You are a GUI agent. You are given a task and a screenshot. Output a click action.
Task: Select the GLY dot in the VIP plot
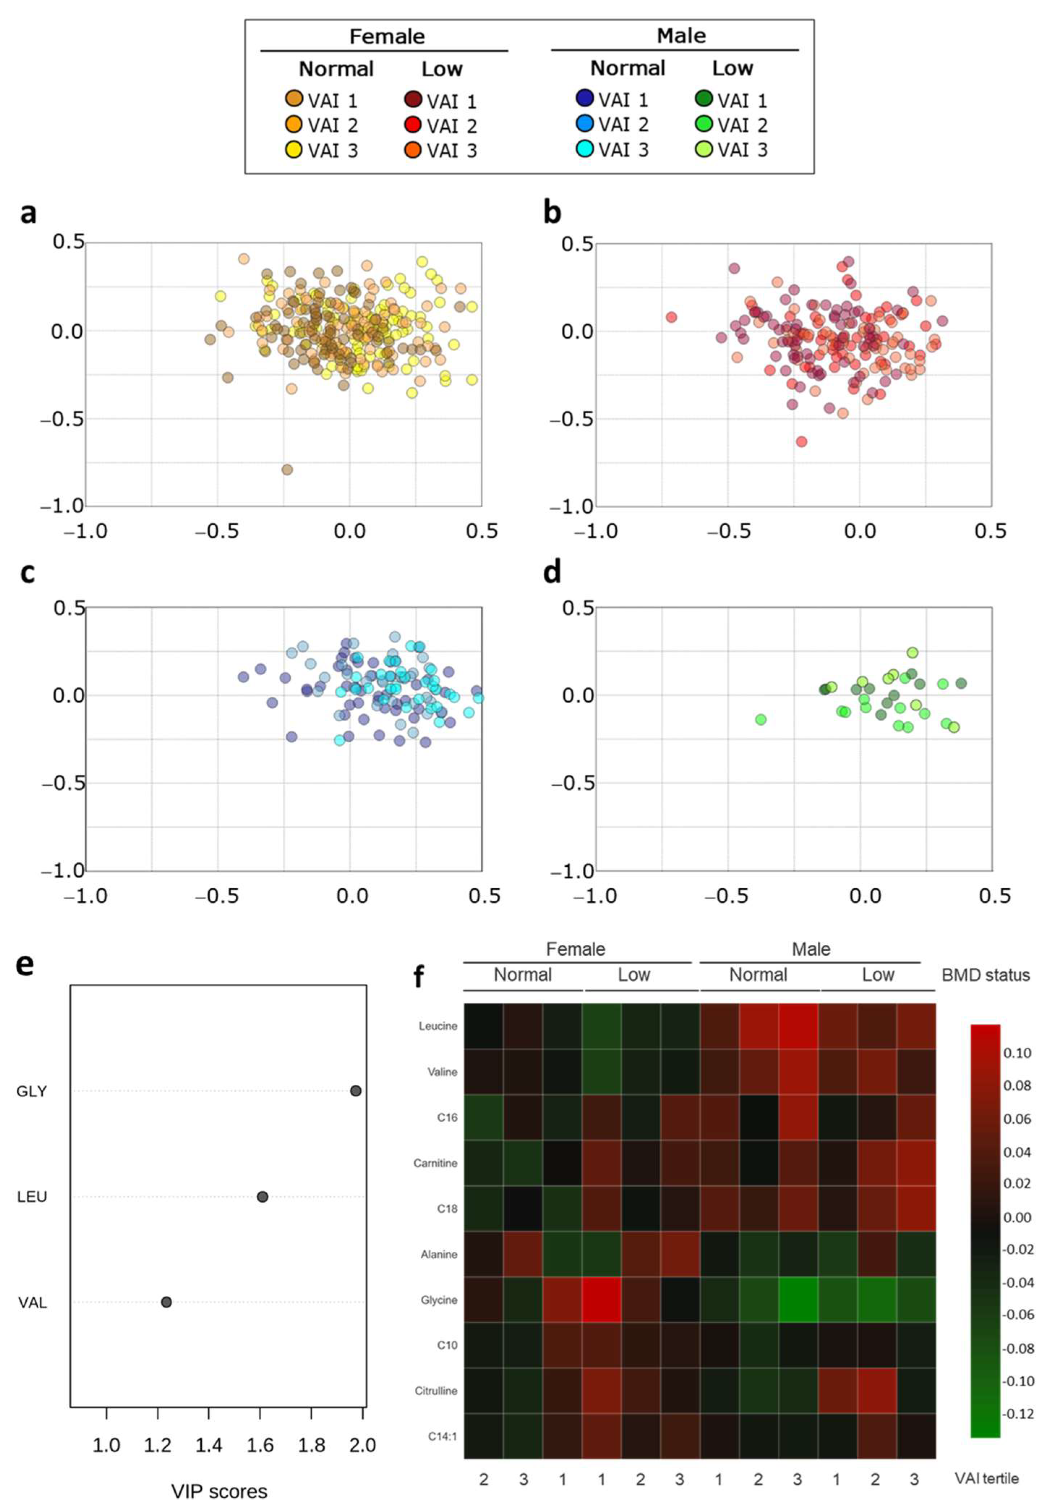(x=355, y=1091)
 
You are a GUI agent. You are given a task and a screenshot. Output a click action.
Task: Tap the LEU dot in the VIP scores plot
(x=262, y=1196)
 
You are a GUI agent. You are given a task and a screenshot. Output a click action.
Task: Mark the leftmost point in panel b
(x=671, y=317)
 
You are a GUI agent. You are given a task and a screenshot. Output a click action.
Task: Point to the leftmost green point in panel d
(x=761, y=719)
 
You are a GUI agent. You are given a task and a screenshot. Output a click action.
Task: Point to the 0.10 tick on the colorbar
(x=1017, y=1053)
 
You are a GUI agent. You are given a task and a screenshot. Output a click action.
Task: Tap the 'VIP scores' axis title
(x=219, y=1491)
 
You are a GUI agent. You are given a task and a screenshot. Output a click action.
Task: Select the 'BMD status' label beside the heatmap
(x=985, y=975)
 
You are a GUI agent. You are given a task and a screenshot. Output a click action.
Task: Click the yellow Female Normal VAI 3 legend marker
(x=294, y=149)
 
